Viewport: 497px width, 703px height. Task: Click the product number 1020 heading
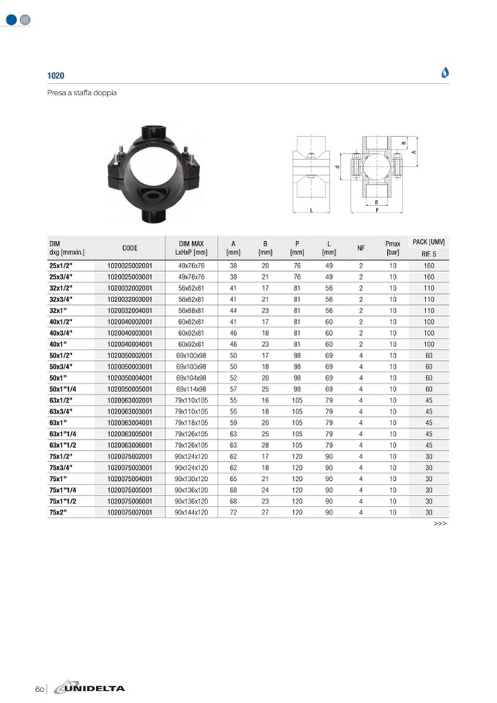coord(56,76)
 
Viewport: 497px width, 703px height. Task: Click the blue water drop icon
coord(444,72)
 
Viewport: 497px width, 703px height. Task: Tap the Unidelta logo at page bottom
coord(89,688)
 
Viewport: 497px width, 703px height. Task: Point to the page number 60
coord(40,689)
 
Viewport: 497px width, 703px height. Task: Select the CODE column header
coord(130,248)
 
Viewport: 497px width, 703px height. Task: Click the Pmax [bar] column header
coord(393,248)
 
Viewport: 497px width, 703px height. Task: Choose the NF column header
coord(361,248)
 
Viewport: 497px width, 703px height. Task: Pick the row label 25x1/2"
coord(61,265)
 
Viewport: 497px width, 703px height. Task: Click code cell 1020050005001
coord(130,389)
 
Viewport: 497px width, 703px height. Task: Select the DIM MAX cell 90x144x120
coord(191,512)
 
